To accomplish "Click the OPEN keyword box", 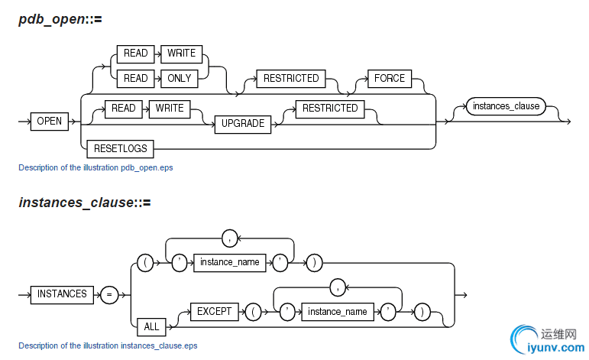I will pyautogui.click(x=50, y=121).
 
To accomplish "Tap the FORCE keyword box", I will pyautogui.click(x=389, y=78).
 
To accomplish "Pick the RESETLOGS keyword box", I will pyautogui.click(x=121, y=148).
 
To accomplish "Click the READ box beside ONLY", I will pyautogui.click(x=136, y=77).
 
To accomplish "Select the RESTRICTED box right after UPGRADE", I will pyautogui.click(x=330, y=109).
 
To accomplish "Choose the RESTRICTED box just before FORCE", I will pyautogui.click(x=292, y=78).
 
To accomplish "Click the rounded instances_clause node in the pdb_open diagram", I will pyautogui.click(x=506, y=106).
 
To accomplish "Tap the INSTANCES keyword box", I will pyautogui.click(x=63, y=294).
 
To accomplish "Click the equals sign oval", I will pyautogui.click(x=109, y=294).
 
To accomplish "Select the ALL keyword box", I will pyautogui.click(x=152, y=326).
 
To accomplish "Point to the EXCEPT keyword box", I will pyautogui.click(x=214, y=312).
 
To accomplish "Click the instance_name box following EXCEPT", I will pyautogui.click(x=336, y=312).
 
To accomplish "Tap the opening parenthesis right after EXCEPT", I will pyautogui.click(x=251, y=312).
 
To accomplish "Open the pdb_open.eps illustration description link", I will pyautogui.click(x=95, y=167).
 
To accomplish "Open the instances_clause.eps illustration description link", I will pyautogui.click(x=108, y=345).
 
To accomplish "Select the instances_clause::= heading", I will pyautogui.click(x=85, y=203).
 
